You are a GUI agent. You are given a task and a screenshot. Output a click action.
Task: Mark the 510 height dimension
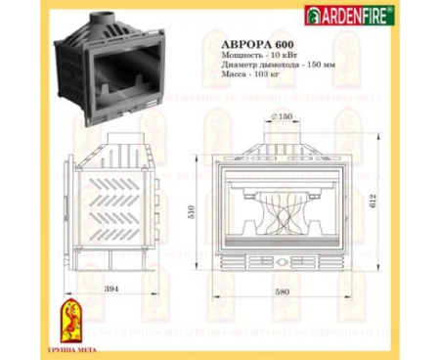tap(191, 209)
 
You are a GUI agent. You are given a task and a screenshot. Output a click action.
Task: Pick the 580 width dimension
tap(283, 293)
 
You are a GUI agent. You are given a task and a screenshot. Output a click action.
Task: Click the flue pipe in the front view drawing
tap(283, 137)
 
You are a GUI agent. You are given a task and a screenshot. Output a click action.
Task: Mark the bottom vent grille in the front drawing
tap(282, 263)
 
